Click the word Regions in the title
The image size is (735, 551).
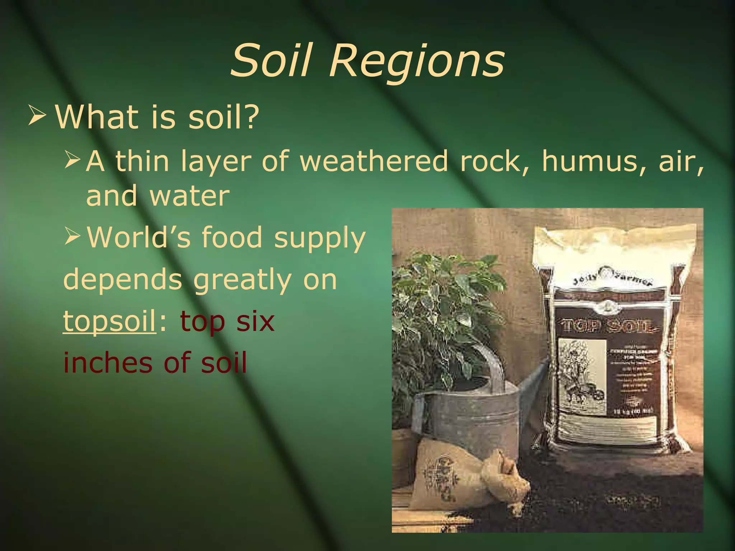click(417, 61)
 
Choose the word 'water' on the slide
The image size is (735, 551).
click(189, 196)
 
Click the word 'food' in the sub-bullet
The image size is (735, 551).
click(232, 237)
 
